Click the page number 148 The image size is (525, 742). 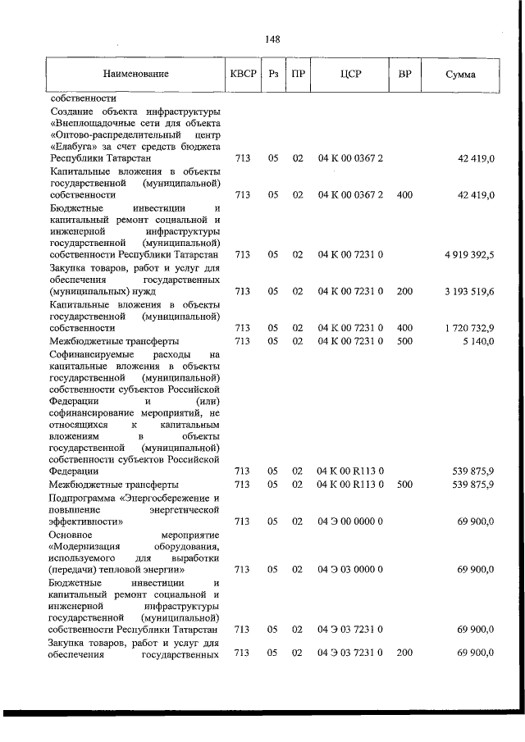tap(273, 39)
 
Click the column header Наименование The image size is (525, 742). tap(136, 74)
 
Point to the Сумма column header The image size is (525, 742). tap(460, 75)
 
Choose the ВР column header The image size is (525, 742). tap(404, 74)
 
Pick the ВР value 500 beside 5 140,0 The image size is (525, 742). tap(404, 339)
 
